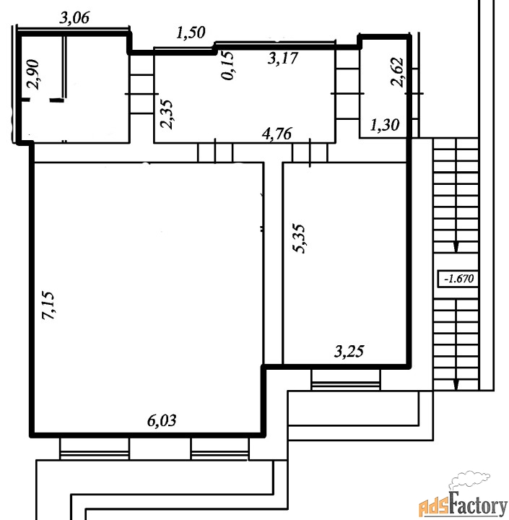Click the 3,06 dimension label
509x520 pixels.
click(74, 17)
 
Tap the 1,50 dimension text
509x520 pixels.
click(191, 32)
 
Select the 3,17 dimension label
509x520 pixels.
click(283, 58)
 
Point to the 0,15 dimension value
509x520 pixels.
click(228, 65)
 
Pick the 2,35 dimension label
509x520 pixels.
click(167, 114)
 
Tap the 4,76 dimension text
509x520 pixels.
click(277, 134)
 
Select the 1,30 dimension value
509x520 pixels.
click(385, 125)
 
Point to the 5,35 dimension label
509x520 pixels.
click(299, 239)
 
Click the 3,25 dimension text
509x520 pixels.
click(349, 352)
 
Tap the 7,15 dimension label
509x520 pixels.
click(48, 305)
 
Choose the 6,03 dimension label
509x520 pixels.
click(162, 420)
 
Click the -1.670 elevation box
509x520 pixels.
click(458, 279)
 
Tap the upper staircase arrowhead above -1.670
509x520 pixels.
click(456, 248)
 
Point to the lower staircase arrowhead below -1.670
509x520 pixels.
click(456, 385)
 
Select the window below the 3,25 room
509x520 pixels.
click(346, 380)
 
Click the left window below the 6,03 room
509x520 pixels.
click(95, 448)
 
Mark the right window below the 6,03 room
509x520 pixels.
click(219, 449)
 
